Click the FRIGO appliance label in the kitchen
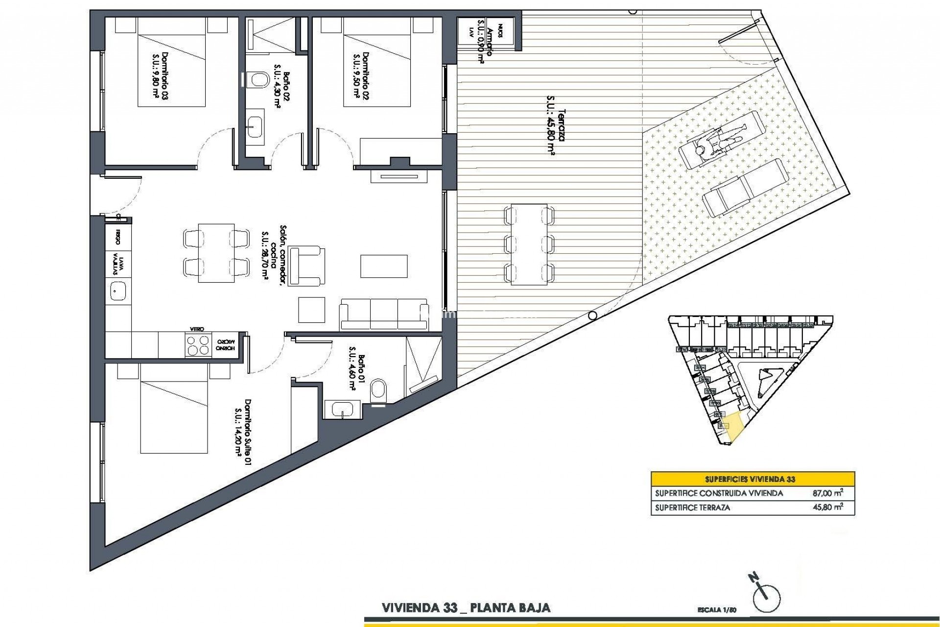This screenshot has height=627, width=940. pyautogui.click(x=118, y=233)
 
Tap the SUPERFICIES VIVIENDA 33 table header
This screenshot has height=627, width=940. pyautogui.click(x=752, y=479)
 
